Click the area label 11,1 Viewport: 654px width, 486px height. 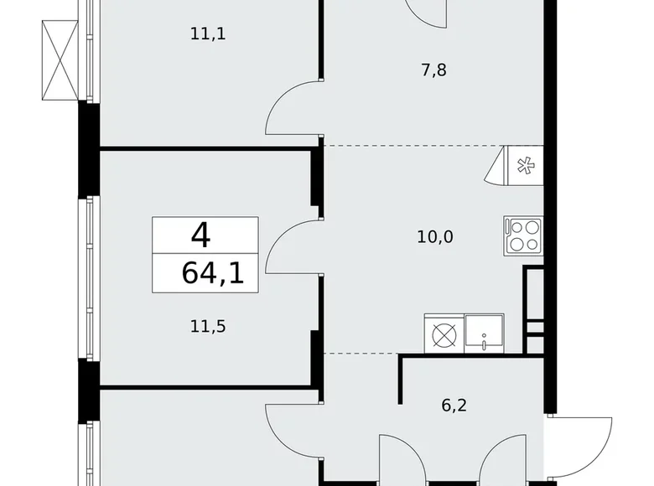[209, 34]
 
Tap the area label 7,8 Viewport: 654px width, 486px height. [433, 70]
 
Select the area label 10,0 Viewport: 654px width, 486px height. [435, 236]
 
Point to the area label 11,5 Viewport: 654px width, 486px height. [209, 326]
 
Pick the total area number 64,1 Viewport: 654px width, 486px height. [212, 273]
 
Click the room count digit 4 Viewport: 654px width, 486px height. [200, 235]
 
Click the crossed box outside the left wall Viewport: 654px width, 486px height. [60, 59]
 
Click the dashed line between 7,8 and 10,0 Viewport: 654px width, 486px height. [411, 146]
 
